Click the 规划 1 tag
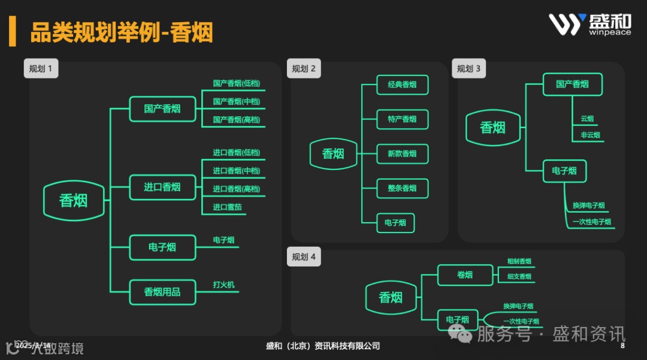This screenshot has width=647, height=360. point(41,68)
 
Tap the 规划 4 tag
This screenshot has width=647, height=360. point(304,257)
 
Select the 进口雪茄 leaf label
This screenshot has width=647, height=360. point(228,207)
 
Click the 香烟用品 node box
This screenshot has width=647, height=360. point(162,292)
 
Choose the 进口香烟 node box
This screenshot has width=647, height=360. point(162,187)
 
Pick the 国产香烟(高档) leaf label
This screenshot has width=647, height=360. point(237,120)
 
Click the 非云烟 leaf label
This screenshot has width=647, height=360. point(590,135)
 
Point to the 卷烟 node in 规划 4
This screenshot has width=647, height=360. point(465,275)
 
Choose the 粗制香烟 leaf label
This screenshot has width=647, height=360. point(519,261)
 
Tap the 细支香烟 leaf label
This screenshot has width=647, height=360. point(519,276)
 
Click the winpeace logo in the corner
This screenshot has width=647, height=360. point(589,25)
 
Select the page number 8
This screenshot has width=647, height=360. point(622,346)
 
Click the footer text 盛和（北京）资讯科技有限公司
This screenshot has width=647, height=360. point(323,346)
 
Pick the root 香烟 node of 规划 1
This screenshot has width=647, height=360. point(73,201)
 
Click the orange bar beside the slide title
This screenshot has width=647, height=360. point(12,32)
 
